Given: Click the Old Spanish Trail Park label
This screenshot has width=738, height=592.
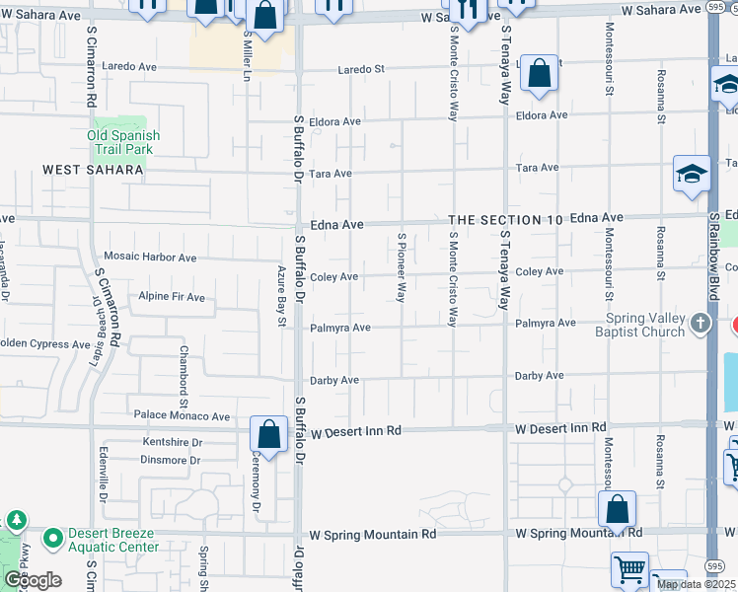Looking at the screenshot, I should tap(123, 142).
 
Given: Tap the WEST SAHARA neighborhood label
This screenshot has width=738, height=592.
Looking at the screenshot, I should tap(94, 170).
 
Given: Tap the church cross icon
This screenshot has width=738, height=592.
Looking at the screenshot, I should tap(701, 324).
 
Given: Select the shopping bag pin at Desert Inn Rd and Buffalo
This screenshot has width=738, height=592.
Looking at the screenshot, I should tap(268, 433).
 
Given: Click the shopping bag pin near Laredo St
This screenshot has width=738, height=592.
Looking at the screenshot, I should tap(539, 73).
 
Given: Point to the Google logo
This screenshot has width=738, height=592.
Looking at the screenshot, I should tap(33, 580).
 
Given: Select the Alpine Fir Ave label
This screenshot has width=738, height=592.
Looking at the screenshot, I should tap(172, 297).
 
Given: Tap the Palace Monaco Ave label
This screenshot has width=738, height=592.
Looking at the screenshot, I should tap(182, 416).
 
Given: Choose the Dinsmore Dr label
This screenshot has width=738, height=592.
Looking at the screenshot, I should tap(171, 460).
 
